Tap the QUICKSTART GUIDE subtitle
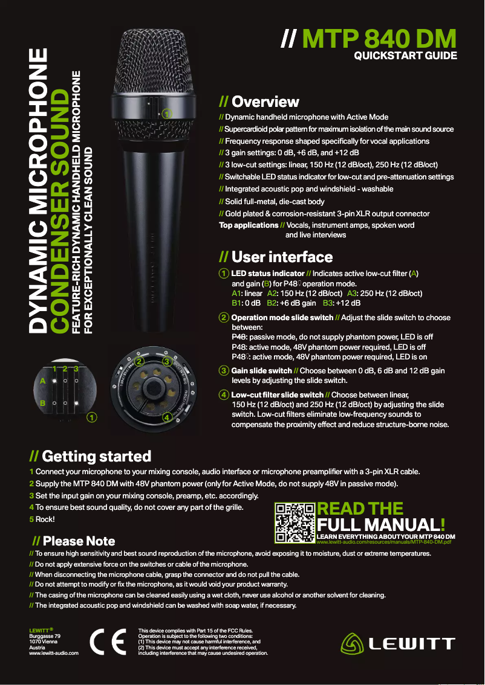coord(405,57)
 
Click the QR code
coord(295,523)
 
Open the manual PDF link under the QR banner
coord(384,542)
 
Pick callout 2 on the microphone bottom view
coord(139,362)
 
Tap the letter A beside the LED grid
coord(42,382)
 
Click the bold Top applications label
coord(248,225)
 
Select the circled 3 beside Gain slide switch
coord(224,370)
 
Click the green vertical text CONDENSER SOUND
coord(60,211)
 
